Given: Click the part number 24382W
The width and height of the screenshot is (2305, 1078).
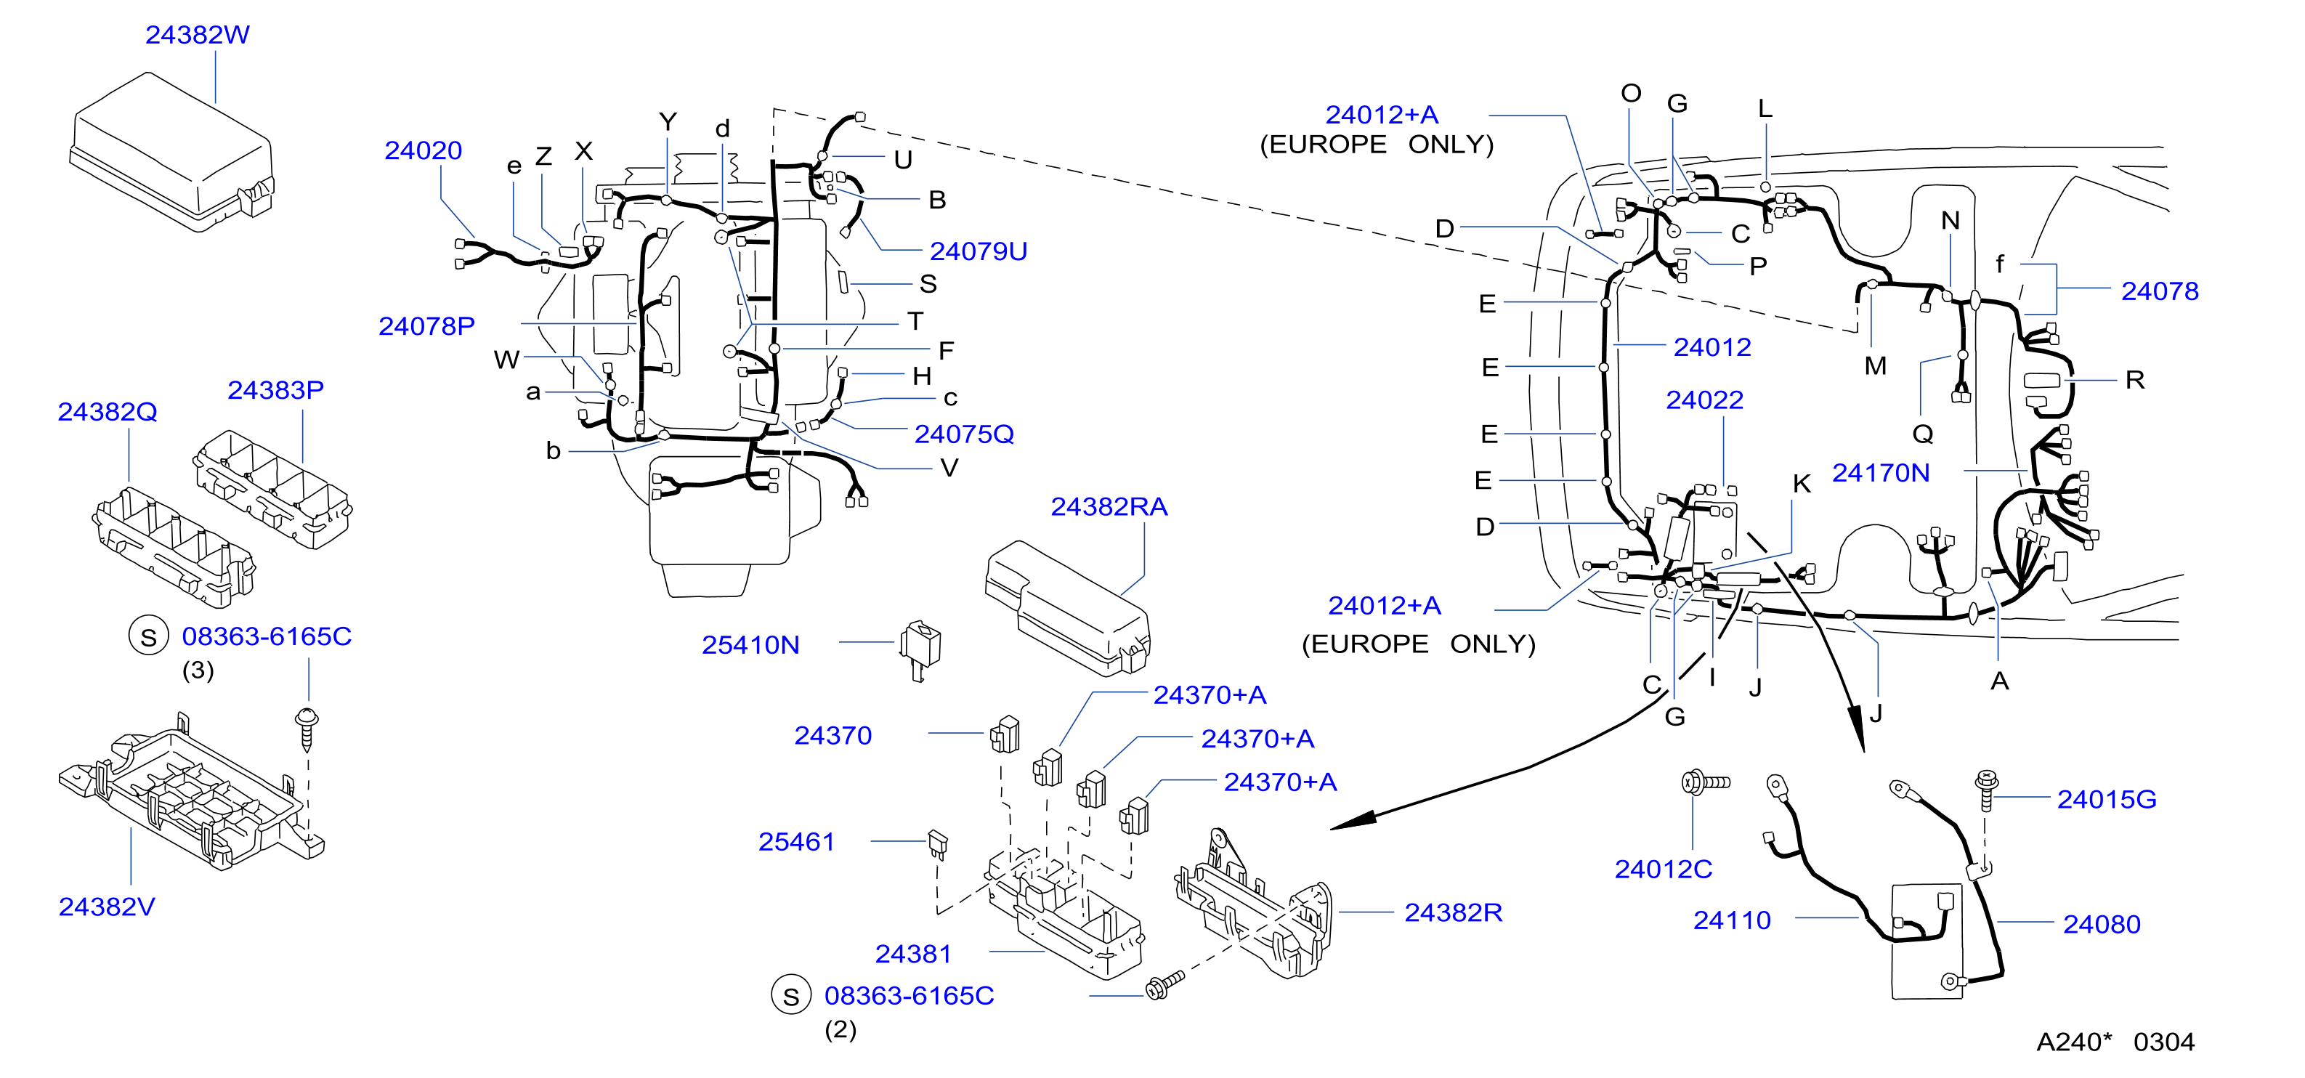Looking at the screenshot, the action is pyautogui.click(x=197, y=35).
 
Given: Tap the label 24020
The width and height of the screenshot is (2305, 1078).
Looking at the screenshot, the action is pyautogui.click(x=424, y=150).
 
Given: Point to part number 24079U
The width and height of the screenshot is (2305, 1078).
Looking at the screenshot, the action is pyautogui.click(x=978, y=251).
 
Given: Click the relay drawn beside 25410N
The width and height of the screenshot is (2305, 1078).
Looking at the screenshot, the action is pyautogui.click(x=920, y=649).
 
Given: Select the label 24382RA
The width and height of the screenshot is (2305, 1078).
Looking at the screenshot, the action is pyautogui.click(x=1109, y=507).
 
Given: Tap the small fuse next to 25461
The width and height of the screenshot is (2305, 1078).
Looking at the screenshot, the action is pyautogui.click(x=938, y=843).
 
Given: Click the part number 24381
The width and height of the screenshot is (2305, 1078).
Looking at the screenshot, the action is pyautogui.click(x=912, y=954).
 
